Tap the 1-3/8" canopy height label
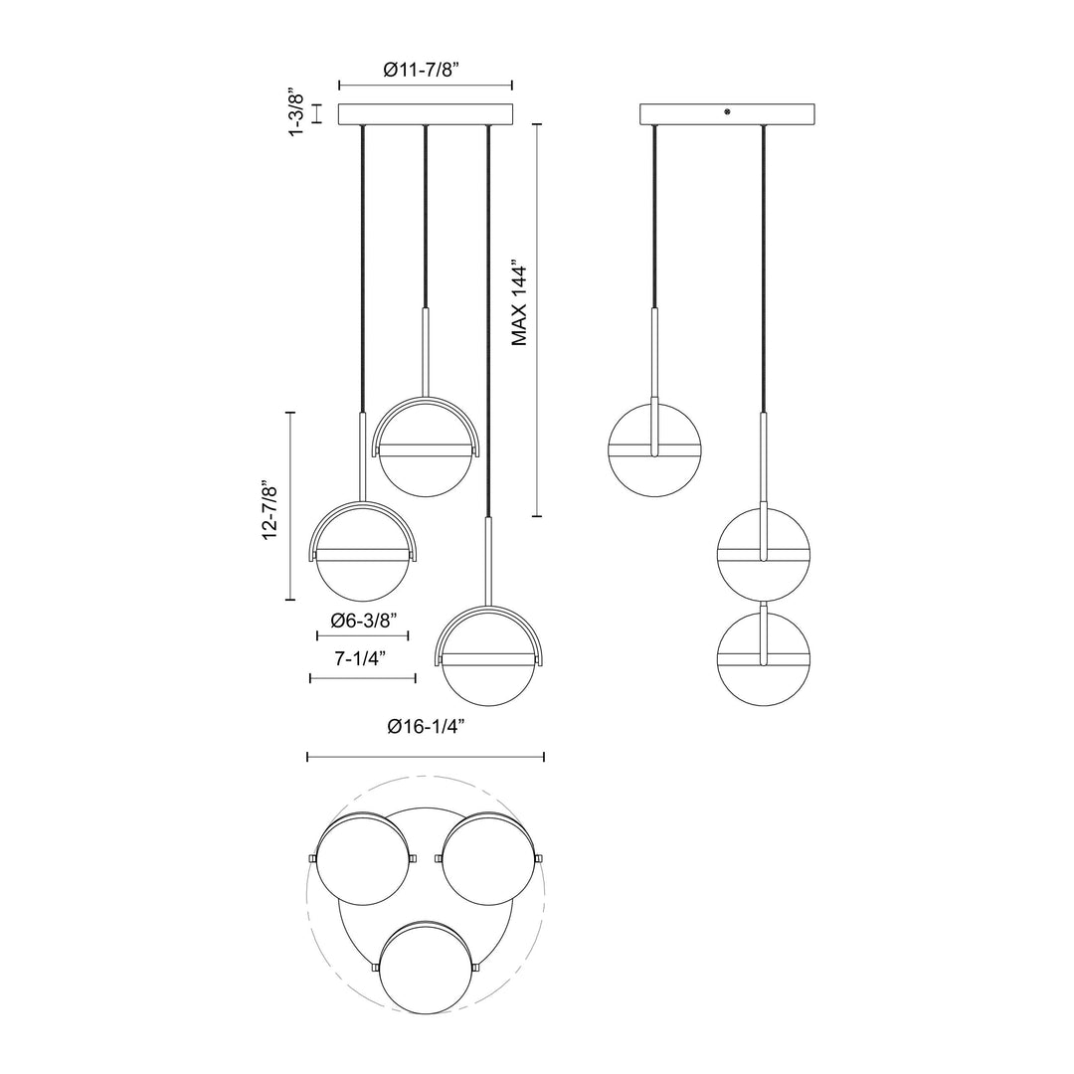[294, 113]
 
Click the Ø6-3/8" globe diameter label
[362, 620]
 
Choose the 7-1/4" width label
[362, 659]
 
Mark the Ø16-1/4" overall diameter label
[426, 727]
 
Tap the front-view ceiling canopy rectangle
[426, 113]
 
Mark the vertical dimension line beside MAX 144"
[538, 318]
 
